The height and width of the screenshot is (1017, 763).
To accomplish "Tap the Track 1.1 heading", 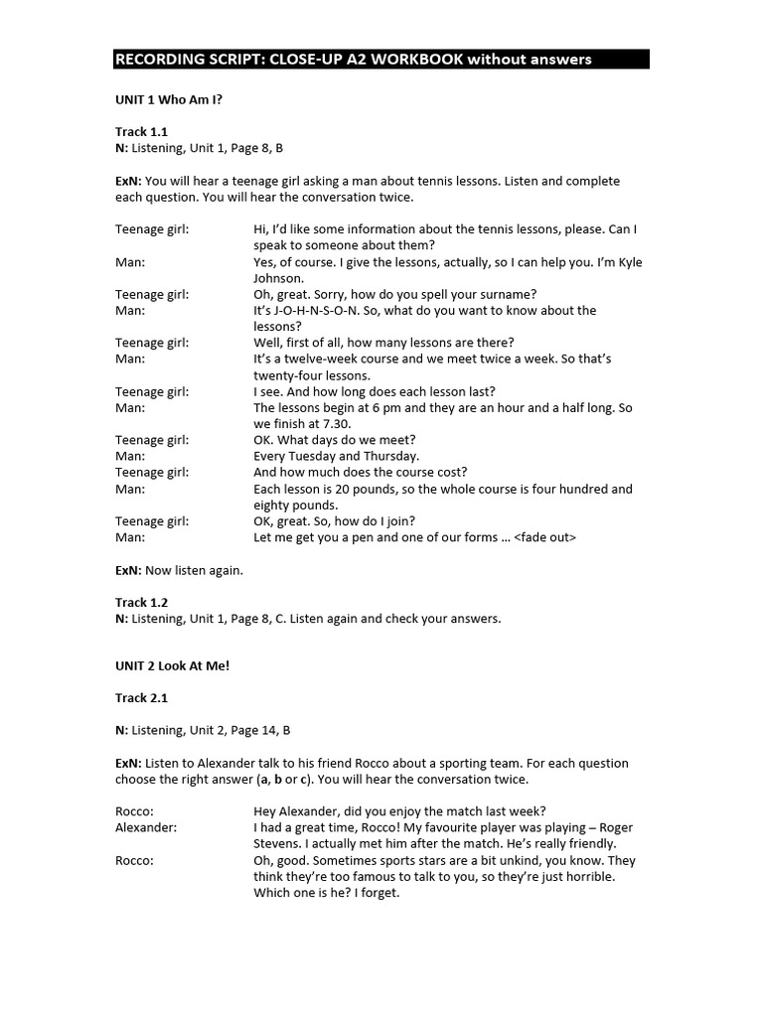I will click(x=141, y=132).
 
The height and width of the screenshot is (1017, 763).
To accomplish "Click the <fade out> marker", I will click(x=544, y=537).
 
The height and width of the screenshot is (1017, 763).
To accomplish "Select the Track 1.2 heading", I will click(x=141, y=602).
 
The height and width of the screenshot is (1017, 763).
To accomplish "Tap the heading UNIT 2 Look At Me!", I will click(x=172, y=665).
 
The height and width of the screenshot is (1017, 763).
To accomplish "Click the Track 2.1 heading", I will click(x=141, y=698).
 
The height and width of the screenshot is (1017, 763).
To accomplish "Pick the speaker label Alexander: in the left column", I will click(x=146, y=827).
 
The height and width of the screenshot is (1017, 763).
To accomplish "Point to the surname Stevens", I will click(x=277, y=844).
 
